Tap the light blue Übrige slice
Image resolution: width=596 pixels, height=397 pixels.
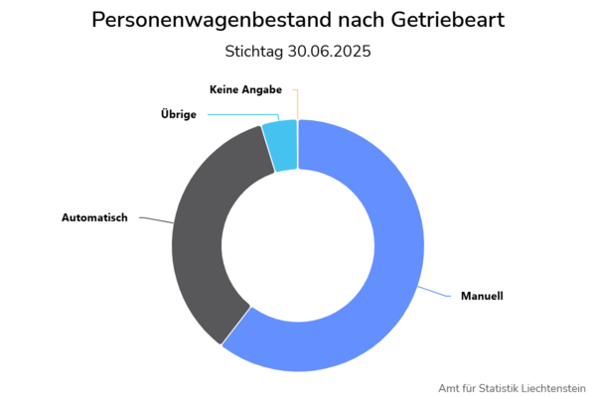click(x=281, y=145)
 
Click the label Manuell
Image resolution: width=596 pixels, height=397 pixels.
click(x=482, y=297)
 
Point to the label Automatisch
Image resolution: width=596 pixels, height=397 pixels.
click(x=94, y=217)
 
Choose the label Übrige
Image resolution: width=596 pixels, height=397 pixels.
click(x=179, y=114)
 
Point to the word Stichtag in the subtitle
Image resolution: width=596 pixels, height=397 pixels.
click(x=256, y=52)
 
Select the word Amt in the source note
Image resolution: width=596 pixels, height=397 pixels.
click(x=446, y=387)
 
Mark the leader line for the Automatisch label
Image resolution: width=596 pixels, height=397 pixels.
click(x=154, y=219)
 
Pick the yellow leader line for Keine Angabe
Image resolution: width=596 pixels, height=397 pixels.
click(x=297, y=104)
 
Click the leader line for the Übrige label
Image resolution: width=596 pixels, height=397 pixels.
click(x=238, y=114)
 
